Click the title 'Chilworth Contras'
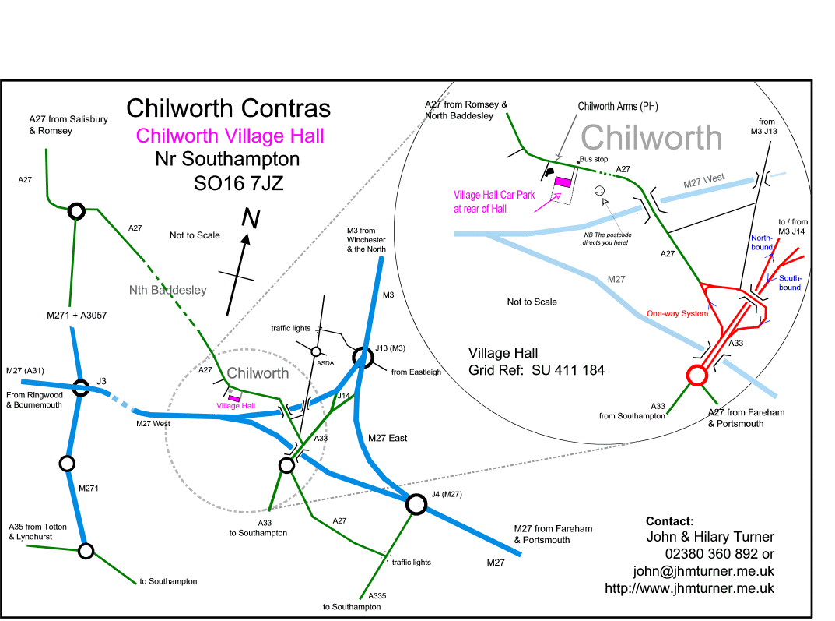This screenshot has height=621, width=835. [228, 108]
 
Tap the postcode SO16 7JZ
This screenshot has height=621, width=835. [238, 185]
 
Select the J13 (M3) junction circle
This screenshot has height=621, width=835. [362, 358]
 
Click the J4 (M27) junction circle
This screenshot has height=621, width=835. [416, 505]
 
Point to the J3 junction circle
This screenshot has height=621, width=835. [81, 387]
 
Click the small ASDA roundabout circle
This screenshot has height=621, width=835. [316, 351]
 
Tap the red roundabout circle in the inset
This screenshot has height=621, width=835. [696, 376]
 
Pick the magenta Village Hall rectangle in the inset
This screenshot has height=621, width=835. [562, 182]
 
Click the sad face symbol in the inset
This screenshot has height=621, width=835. [600, 191]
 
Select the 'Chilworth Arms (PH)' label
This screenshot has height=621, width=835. [618, 107]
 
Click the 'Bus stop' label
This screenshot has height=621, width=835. [594, 159]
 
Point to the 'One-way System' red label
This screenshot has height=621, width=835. [678, 313]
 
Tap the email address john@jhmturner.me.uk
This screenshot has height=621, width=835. [703, 570]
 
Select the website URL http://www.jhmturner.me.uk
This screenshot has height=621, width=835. [689, 588]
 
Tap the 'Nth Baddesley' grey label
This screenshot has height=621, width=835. [168, 290]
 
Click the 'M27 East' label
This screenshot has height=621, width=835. [387, 438]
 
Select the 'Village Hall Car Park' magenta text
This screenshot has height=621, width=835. [494, 196]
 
